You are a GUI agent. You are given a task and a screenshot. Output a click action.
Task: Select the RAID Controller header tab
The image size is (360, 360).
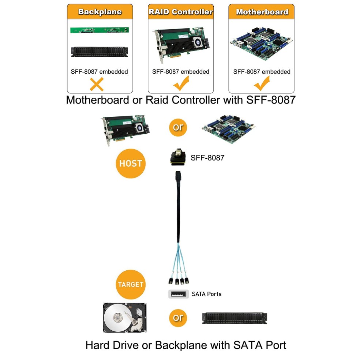(x=180, y=12)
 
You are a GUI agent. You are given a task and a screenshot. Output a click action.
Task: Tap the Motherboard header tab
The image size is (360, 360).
(x=261, y=12)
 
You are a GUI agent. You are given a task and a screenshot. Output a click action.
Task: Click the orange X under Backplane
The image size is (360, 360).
(x=97, y=84)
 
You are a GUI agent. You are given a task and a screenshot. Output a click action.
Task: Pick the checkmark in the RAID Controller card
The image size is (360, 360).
(x=180, y=84)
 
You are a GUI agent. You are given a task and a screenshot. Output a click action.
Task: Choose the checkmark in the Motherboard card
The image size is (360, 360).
(x=262, y=84)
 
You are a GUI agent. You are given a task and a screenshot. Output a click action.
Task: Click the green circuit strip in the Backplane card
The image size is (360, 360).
(x=100, y=30)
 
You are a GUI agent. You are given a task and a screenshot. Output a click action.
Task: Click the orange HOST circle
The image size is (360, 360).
(x=131, y=164)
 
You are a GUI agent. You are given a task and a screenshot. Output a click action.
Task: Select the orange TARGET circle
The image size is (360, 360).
(x=131, y=284)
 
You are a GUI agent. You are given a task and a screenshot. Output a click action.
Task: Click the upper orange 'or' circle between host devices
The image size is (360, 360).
(x=178, y=128)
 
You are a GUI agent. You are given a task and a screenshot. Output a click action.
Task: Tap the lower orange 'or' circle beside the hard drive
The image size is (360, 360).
(x=178, y=318)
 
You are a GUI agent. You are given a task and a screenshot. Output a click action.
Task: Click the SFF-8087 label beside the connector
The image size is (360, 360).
(x=207, y=158)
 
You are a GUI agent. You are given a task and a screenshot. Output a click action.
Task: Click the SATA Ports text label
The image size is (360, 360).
(x=207, y=294)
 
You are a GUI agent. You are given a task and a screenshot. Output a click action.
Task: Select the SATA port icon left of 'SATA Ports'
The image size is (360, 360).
(x=179, y=294)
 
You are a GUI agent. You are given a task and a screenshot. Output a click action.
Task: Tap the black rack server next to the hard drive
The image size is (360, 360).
(x=235, y=318)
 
